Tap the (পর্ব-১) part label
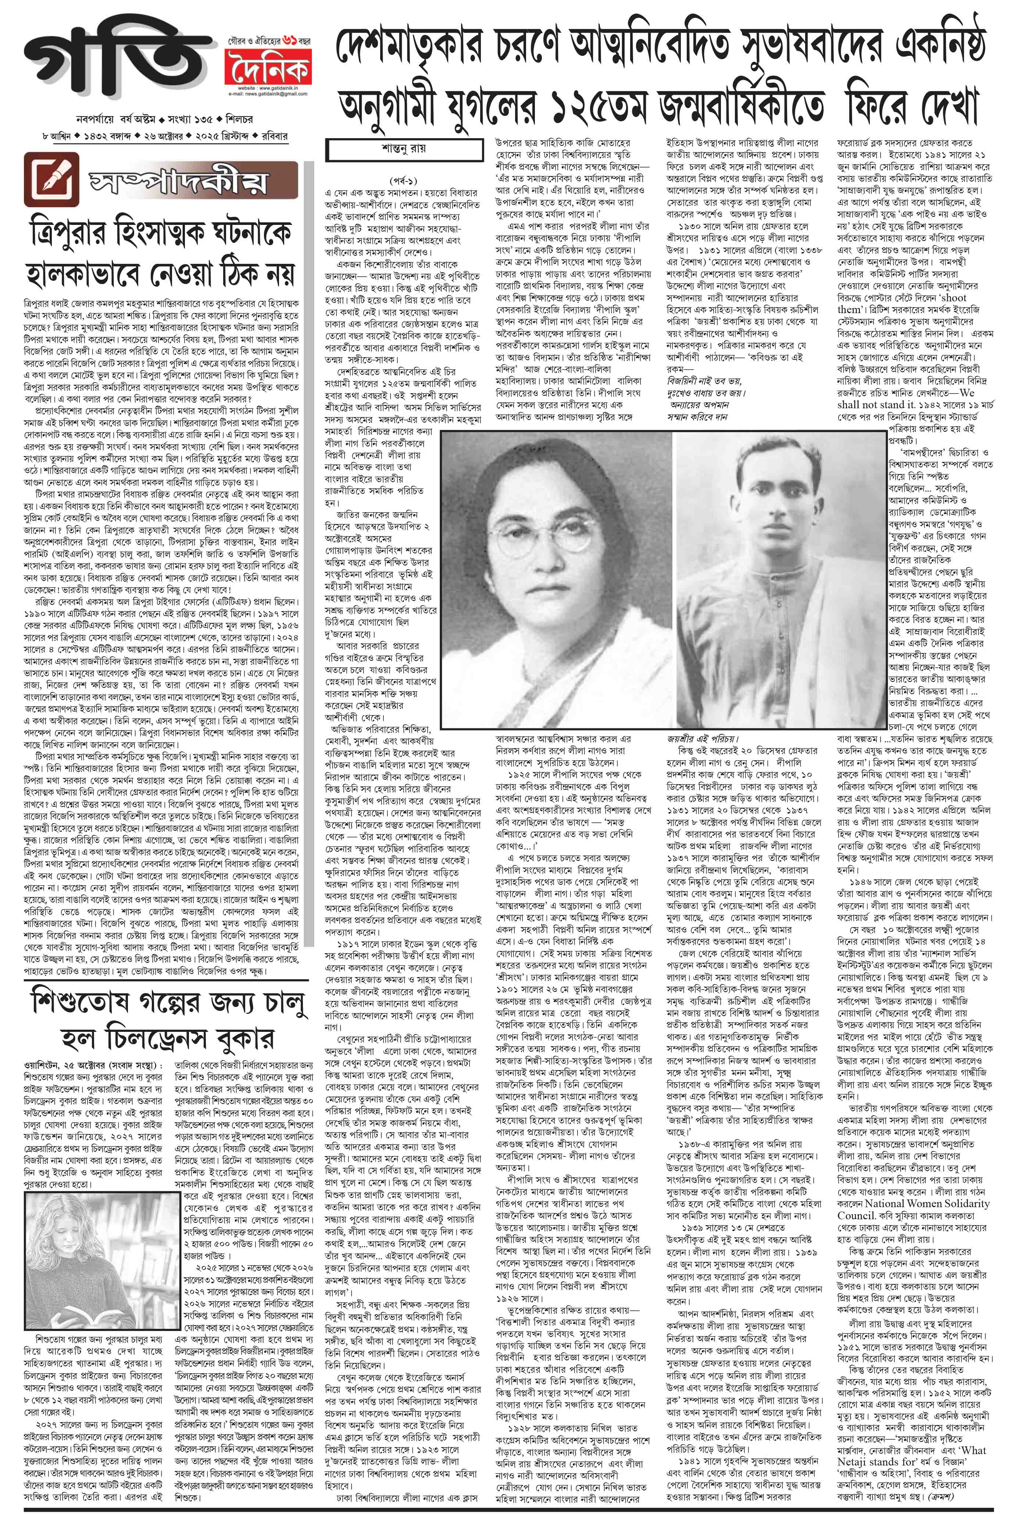tap(404, 180)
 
